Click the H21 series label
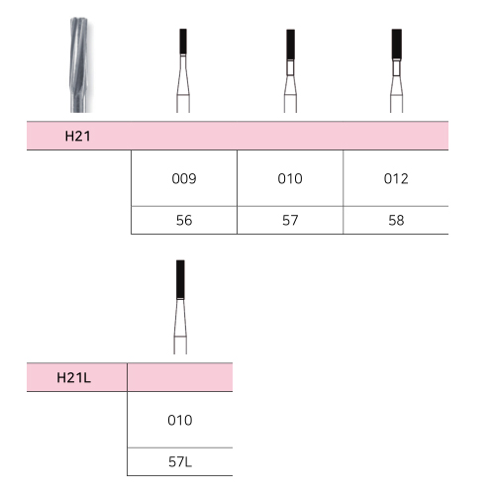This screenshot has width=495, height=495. tap(77, 136)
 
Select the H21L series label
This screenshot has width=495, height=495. tap(73, 378)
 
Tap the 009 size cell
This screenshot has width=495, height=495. tap(184, 178)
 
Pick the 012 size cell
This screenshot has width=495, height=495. tap(396, 178)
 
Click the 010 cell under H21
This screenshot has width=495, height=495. tap(290, 178)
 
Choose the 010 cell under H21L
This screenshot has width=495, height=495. tap(180, 420)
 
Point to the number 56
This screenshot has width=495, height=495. tap(184, 220)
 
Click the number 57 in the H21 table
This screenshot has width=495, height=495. tap(290, 220)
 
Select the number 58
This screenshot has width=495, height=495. tap(396, 220)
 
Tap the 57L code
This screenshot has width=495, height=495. tap(180, 462)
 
